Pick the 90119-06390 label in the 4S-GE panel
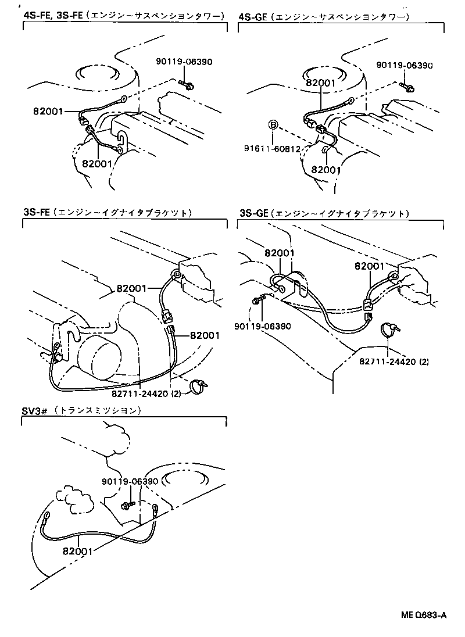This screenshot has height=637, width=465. click(x=404, y=66)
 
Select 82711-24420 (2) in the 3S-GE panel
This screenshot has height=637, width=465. click(x=394, y=362)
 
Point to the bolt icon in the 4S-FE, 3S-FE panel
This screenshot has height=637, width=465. click(x=187, y=86)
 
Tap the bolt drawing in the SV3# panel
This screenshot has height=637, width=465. click(x=128, y=504)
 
